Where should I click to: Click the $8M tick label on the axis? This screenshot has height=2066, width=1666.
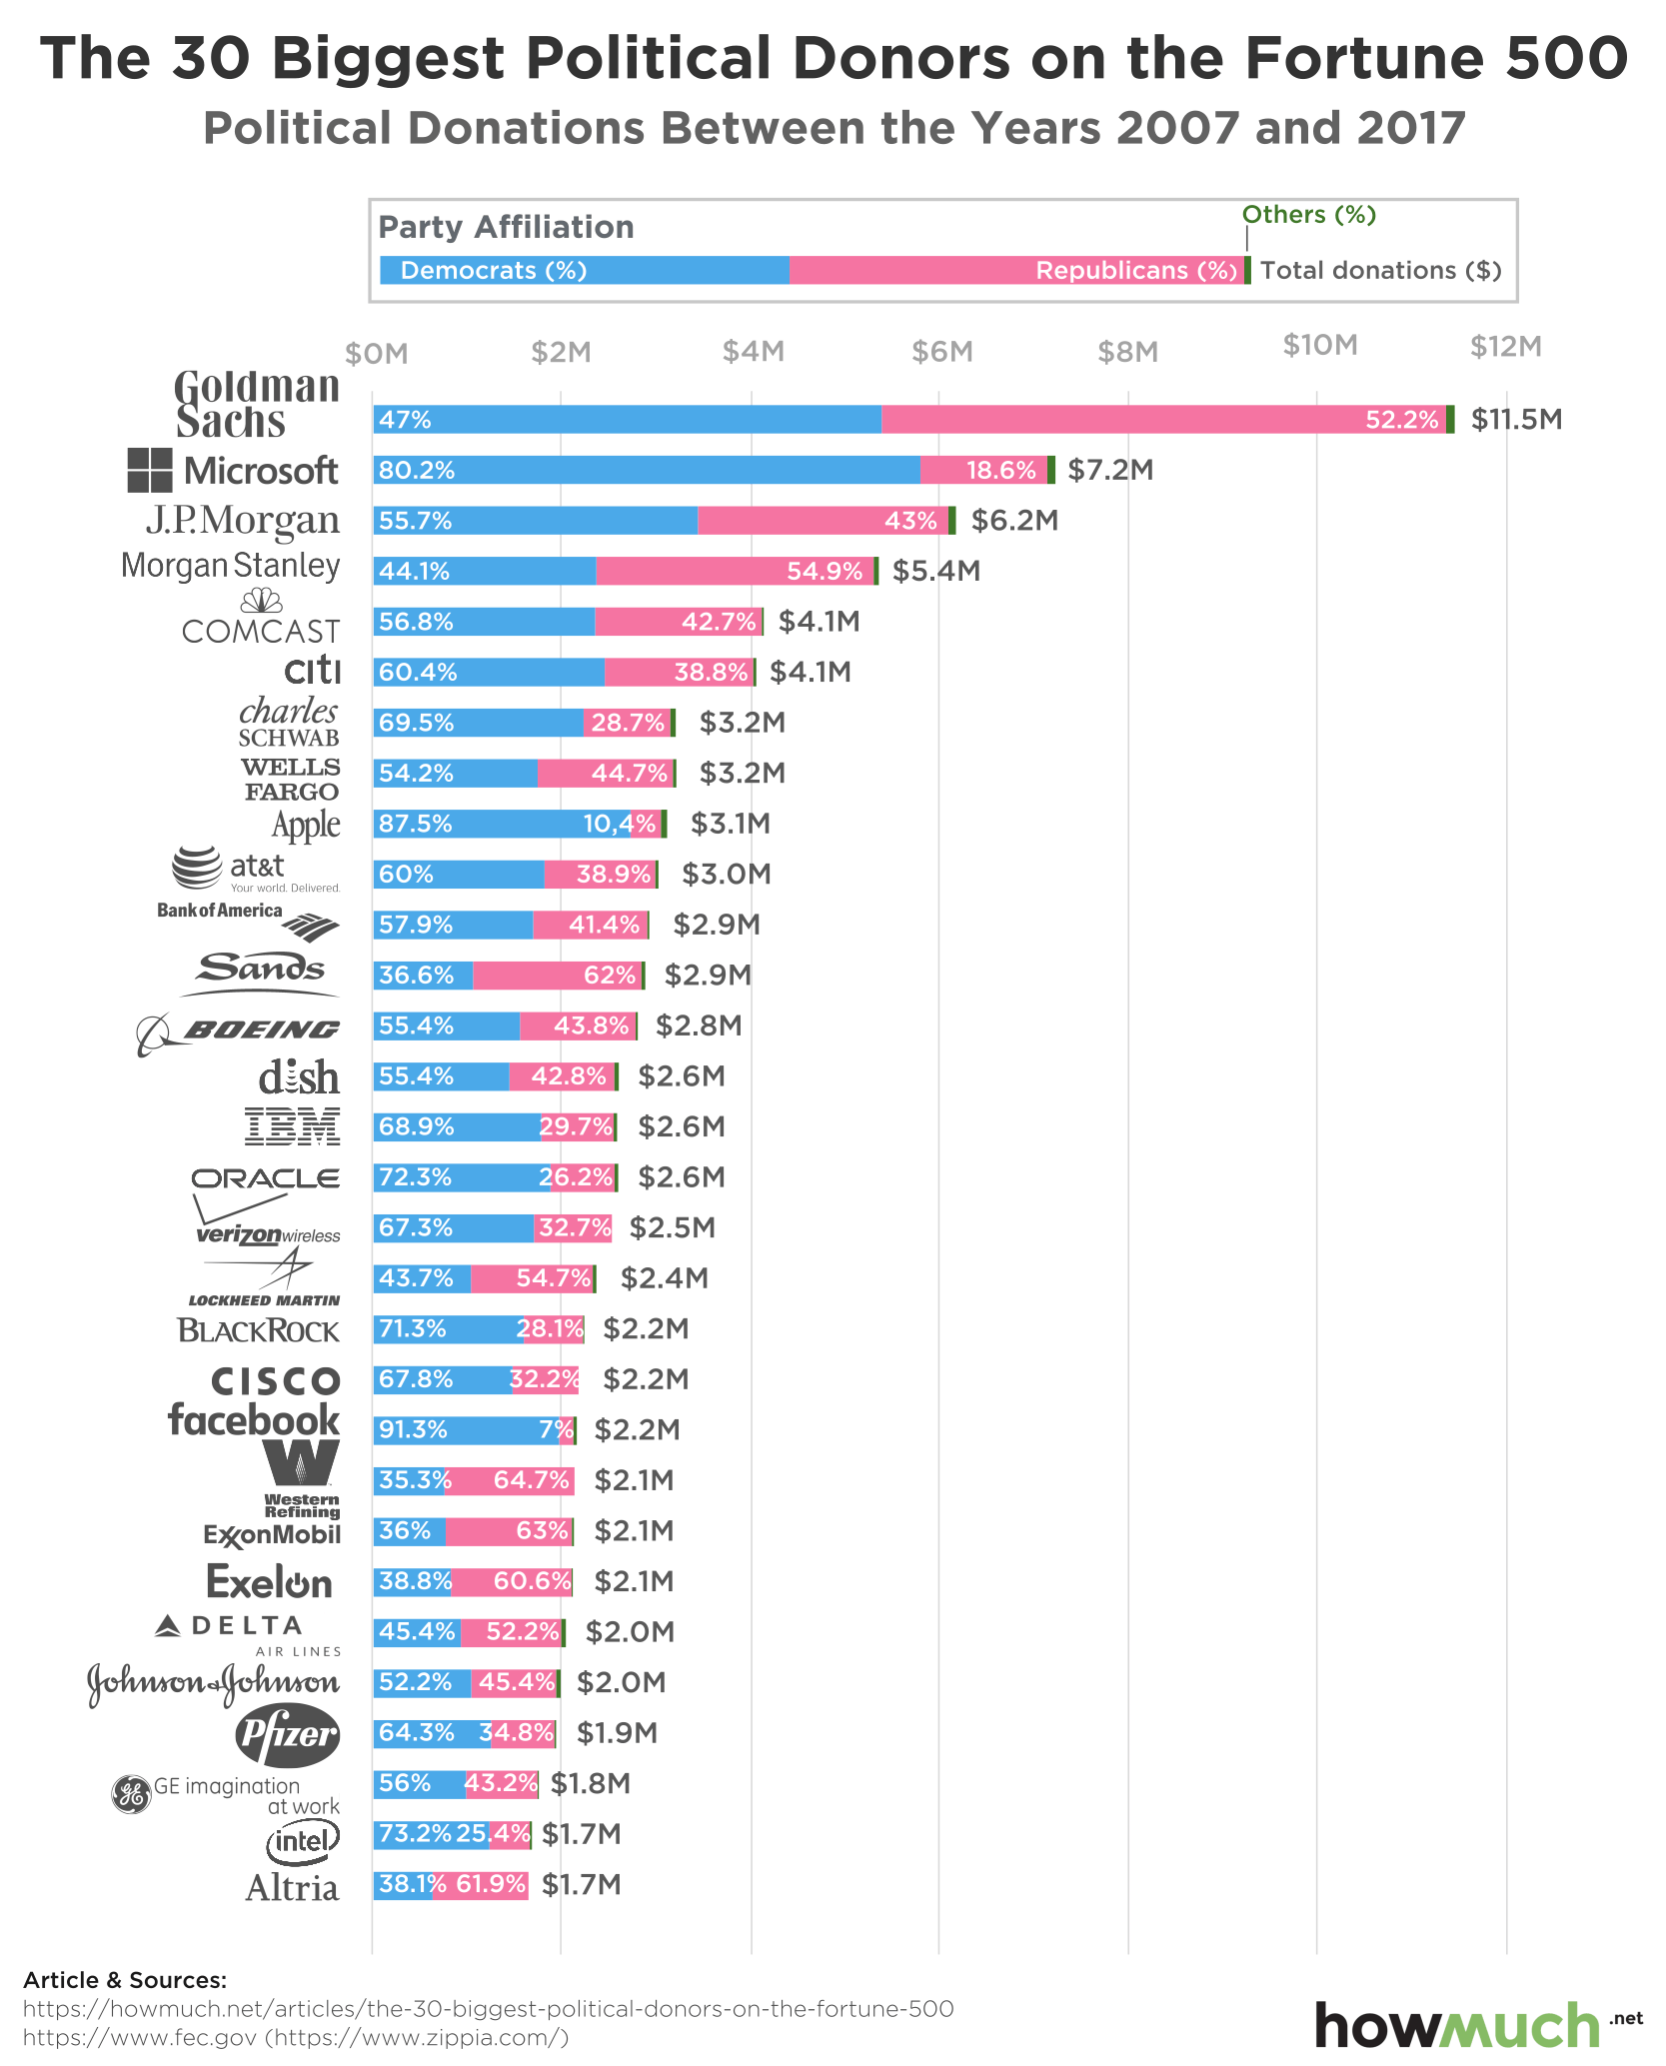[1127, 352]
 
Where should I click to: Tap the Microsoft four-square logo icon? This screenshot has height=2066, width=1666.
[150, 470]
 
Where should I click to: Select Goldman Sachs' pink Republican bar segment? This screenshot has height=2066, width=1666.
[1163, 419]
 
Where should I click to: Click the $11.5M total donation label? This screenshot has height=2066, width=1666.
[1516, 419]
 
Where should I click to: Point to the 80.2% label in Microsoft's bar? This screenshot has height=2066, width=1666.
[417, 470]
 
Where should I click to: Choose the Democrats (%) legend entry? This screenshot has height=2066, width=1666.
[493, 271]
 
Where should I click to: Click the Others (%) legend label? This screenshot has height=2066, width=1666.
[1308, 215]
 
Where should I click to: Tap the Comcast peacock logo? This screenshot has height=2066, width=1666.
[262, 601]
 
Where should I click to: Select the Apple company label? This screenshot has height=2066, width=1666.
[306, 825]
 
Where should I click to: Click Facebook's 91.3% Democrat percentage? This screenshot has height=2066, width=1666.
[413, 1429]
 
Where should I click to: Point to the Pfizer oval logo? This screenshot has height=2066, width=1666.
[288, 1733]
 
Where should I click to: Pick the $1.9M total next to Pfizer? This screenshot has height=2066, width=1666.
[617, 1733]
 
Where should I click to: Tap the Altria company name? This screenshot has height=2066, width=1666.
[293, 1888]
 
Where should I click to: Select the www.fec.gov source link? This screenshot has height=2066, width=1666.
[140, 2037]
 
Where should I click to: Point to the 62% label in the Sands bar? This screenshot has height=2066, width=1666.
[610, 975]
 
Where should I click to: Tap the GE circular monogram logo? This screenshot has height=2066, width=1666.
[131, 1794]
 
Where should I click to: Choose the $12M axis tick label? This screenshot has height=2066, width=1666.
[1505, 347]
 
